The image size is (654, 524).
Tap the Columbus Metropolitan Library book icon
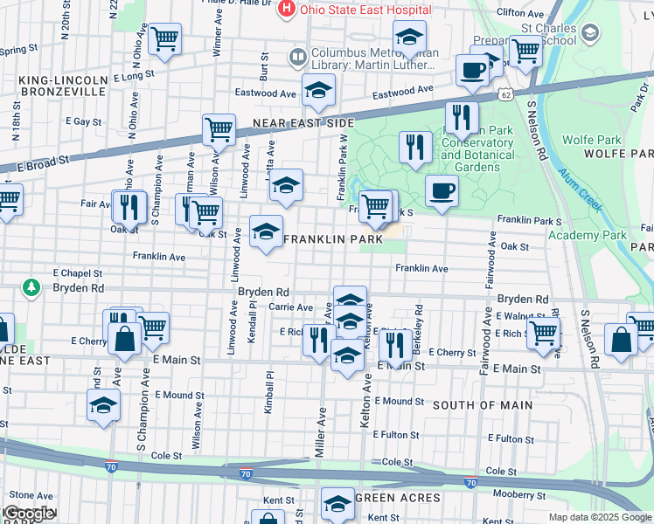299,57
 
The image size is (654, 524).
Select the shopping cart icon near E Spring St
164,39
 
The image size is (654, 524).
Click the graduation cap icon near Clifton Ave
409,38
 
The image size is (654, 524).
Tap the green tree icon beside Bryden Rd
31,287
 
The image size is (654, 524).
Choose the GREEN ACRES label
397,498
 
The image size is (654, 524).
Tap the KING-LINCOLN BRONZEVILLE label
63,86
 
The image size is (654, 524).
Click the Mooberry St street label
518,495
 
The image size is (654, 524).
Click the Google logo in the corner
29,514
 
